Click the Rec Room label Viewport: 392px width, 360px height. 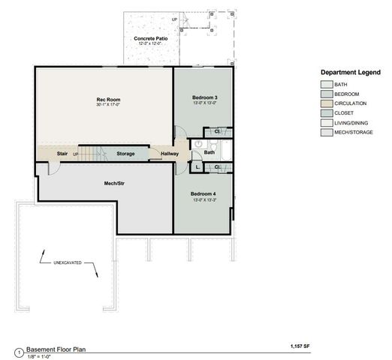tap(108, 99)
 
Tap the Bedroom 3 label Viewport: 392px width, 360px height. tap(204, 97)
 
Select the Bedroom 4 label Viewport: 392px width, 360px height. tap(204, 194)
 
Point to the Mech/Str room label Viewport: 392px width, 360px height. tap(114, 182)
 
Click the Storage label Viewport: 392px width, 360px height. tap(125, 154)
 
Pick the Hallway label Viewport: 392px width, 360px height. tap(170, 154)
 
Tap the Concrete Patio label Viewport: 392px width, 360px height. tap(151, 38)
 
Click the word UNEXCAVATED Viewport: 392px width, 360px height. tap(68, 262)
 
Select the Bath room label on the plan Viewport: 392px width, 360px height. tap(210, 152)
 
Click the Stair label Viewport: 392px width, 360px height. tap(62, 154)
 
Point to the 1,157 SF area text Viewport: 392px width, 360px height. tap(301, 346)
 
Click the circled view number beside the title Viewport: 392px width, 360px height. tap(18, 352)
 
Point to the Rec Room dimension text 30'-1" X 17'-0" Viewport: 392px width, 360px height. tap(108, 105)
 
